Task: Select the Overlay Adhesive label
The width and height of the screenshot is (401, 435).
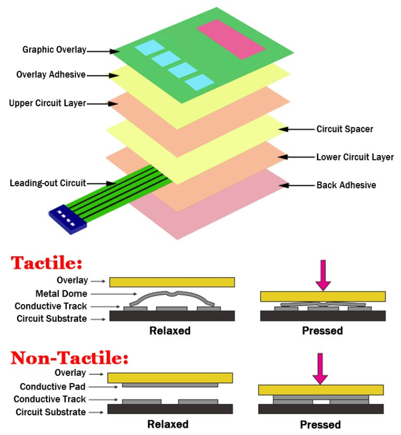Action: point(51,75)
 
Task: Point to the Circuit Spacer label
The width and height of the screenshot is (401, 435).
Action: point(345,129)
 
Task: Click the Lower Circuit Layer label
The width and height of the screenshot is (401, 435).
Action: point(355,158)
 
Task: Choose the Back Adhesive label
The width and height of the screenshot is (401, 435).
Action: point(346,186)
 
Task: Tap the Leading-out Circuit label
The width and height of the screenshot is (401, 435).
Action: point(47,183)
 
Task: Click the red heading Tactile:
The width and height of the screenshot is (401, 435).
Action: point(47,263)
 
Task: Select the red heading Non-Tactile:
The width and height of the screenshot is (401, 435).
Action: point(69,357)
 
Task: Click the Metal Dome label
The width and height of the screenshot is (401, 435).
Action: point(61,294)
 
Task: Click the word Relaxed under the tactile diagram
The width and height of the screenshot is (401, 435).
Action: point(170,331)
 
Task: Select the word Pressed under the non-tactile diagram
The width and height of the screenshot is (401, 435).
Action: point(320,425)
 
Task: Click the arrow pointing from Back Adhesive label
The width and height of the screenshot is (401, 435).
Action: point(296,186)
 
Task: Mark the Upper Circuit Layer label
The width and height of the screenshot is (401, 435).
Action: point(47,103)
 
